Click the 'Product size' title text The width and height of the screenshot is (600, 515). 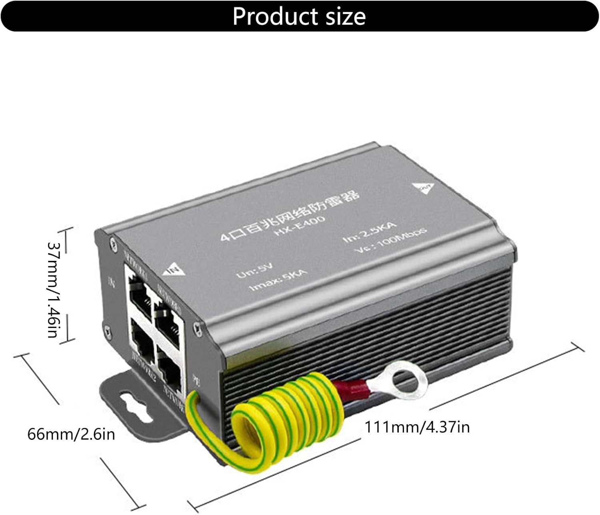(299, 16)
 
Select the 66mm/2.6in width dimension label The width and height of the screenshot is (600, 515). (71, 434)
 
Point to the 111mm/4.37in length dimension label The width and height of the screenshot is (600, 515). (417, 427)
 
